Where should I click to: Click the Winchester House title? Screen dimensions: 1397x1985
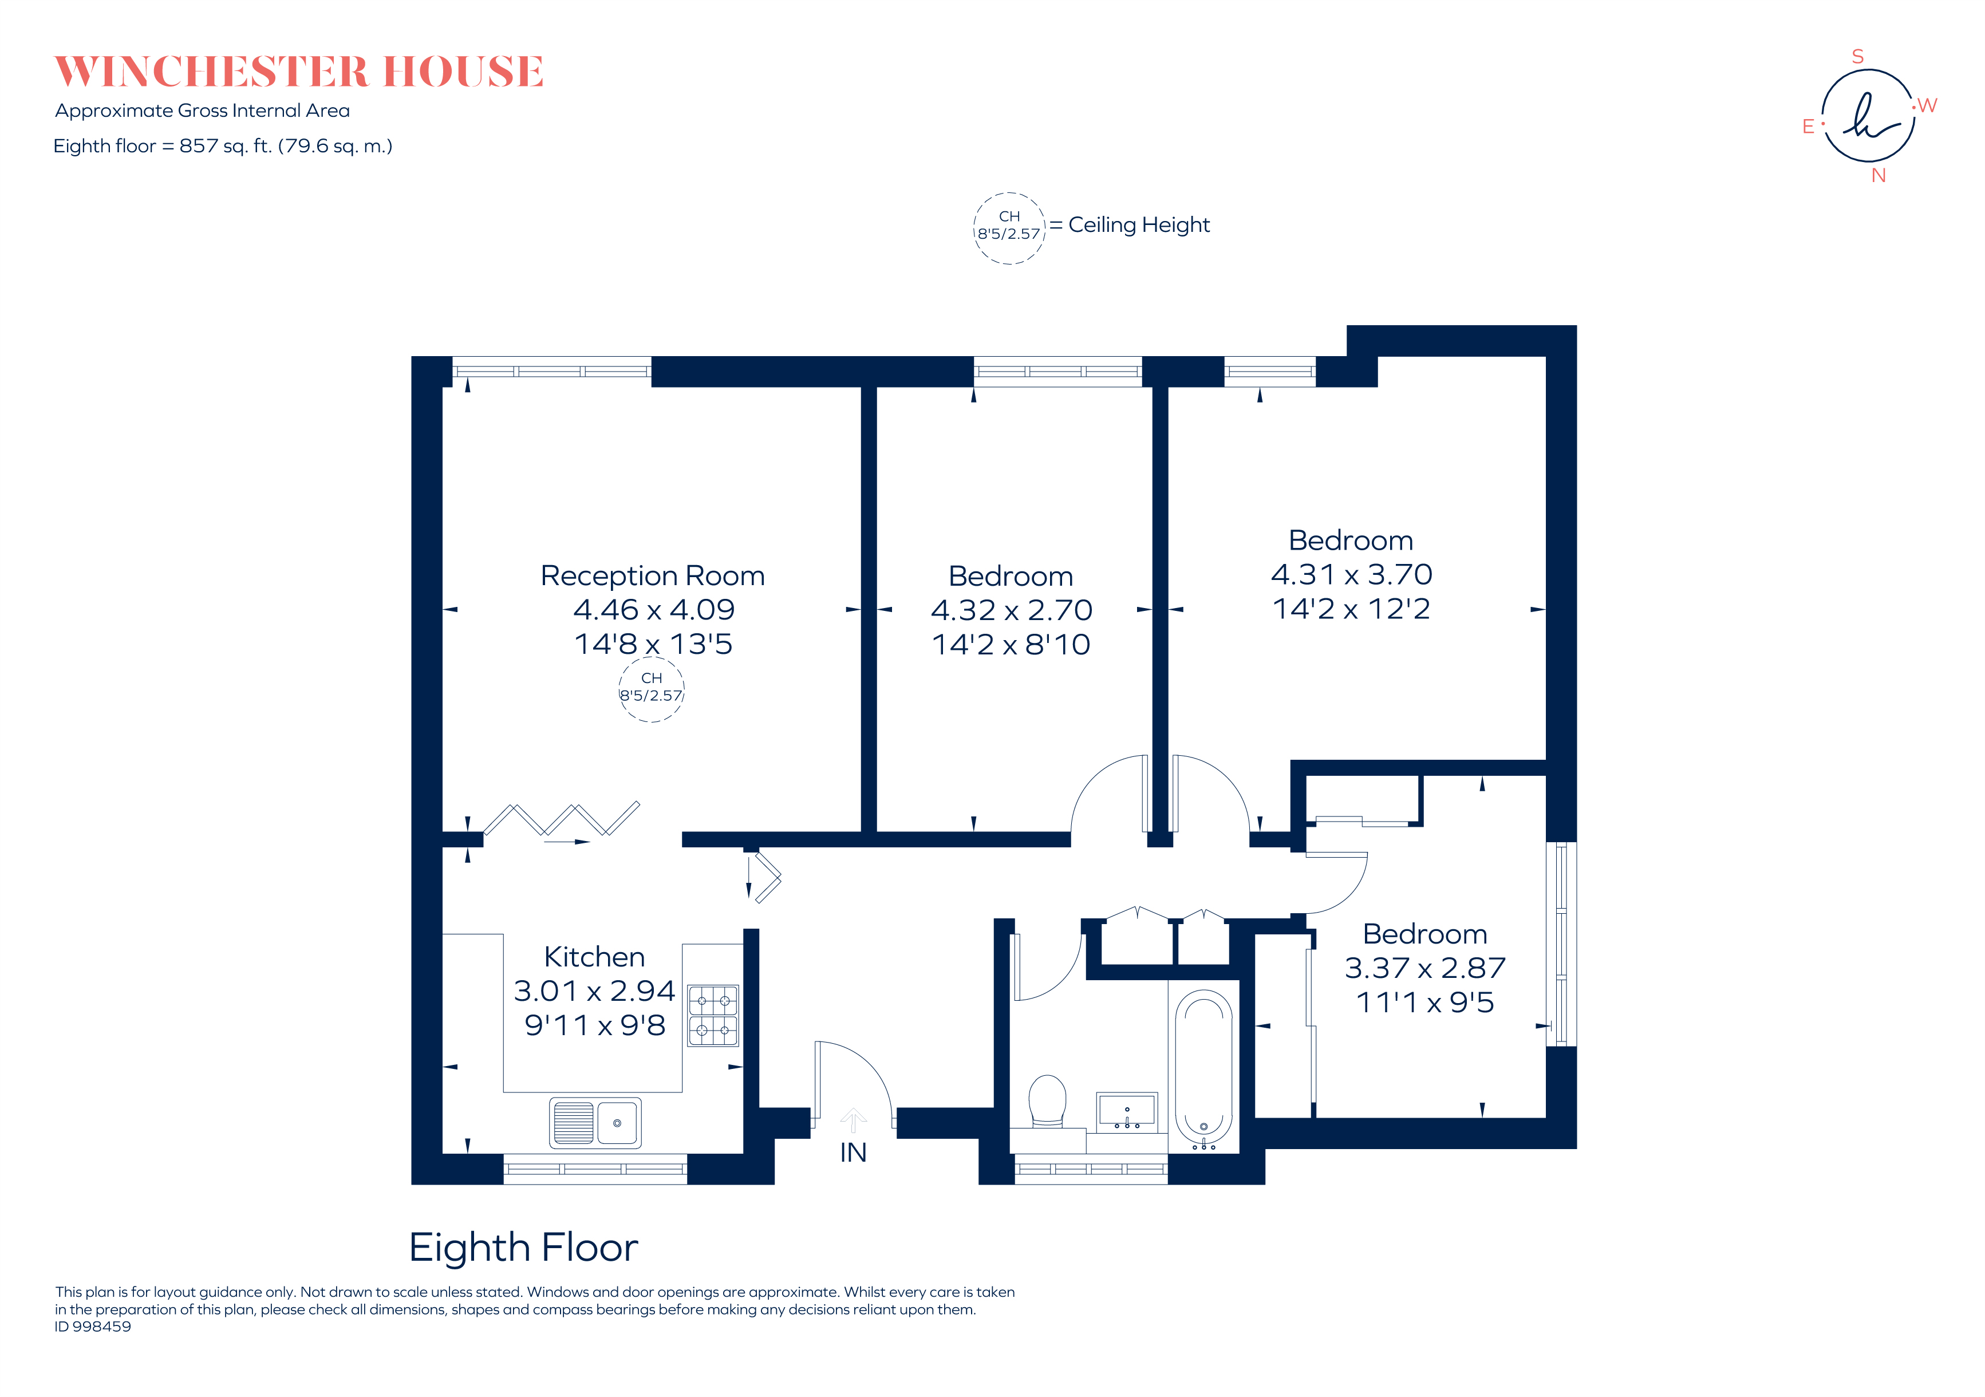click(x=299, y=72)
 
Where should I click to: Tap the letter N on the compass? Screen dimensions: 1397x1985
click(x=1878, y=176)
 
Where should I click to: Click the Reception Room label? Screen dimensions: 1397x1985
click(x=653, y=576)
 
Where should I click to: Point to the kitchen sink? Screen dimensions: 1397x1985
click(x=595, y=1122)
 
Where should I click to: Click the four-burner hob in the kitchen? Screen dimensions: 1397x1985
click(x=712, y=1016)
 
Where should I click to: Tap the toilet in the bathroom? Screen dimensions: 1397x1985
click(x=1047, y=1100)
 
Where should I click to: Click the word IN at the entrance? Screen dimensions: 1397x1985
click(x=853, y=1153)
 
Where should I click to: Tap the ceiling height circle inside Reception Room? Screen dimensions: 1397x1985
click(x=651, y=689)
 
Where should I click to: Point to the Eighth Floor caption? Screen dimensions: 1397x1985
click(x=523, y=1248)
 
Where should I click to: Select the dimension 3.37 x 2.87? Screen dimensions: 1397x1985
click(x=1425, y=968)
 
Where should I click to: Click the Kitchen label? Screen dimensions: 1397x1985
click(x=594, y=957)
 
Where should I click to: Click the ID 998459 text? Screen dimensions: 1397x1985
click(x=93, y=1326)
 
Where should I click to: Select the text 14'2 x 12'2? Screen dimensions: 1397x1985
click(x=1351, y=609)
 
